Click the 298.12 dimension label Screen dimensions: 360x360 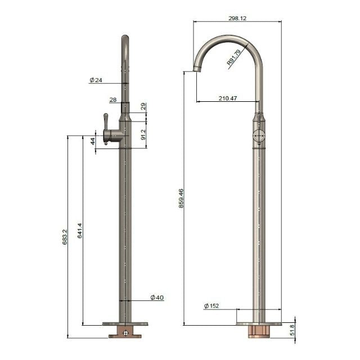tap(237, 18)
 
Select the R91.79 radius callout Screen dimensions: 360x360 tap(235, 58)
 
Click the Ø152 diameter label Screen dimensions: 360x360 tap(211, 305)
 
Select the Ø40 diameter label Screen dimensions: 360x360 tap(157, 297)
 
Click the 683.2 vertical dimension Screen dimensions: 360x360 tap(65, 236)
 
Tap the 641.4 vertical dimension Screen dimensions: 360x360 tap(80, 230)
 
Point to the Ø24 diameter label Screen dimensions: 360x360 tap(96, 80)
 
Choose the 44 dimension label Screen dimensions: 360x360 tap(93, 141)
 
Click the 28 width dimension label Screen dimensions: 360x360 tap(112, 100)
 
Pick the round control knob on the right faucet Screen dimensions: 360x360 tap(258, 136)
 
